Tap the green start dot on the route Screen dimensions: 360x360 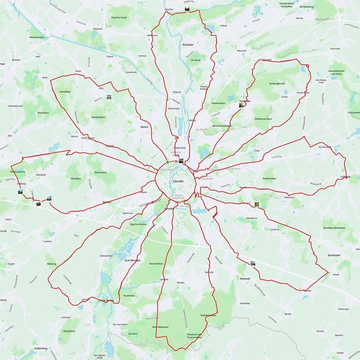tap(167, 162)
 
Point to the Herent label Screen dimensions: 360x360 tap(144, 127)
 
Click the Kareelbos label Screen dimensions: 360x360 tap(65, 92)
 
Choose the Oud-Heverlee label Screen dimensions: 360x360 tap(132, 260)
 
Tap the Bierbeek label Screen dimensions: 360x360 tap(245, 278)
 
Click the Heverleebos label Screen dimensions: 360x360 tap(156, 263)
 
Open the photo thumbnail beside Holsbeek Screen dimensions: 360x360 tap(241, 105)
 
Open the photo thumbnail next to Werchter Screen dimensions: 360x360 tap(187, 8)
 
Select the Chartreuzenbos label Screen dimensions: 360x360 tap(263, 119)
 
